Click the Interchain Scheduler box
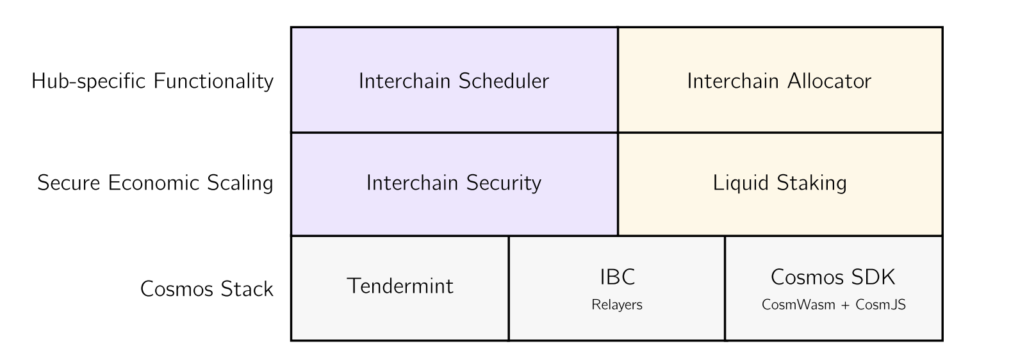click(x=454, y=80)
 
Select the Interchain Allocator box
click(x=780, y=80)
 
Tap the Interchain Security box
click(x=454, y=184)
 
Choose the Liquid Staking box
click(x=780, y=184)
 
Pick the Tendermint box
click(x=400, y=288)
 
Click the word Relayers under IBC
click(x=617, y=305)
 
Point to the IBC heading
click(x=617, y=277)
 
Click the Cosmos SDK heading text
click(x=833, y=277)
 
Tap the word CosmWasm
click(x=798, y=304)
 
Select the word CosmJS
click(x=880, y=304)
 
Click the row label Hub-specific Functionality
click(x=152, y=82)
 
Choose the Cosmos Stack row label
click(x=207, y=289)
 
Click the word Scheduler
click(x=504, y=81)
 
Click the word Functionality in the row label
click(x=213, y=81)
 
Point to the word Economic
click(x=154, y=183)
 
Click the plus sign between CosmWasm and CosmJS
click(x=845, y=306)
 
